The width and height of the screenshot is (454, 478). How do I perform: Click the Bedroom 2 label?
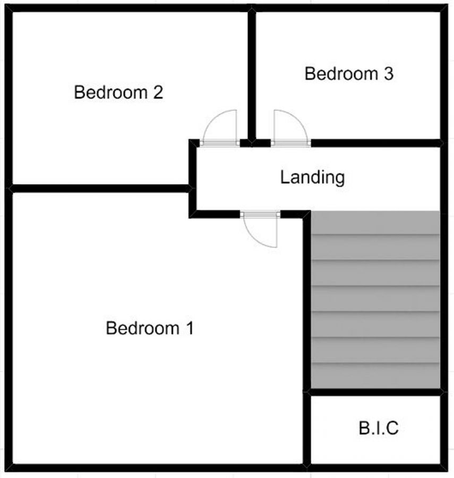pos(118,93)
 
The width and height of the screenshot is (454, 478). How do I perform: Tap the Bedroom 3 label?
pos(349,74)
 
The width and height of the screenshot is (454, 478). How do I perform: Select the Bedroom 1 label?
pos(150,328)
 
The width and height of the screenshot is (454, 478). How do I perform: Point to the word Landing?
pos(312,177)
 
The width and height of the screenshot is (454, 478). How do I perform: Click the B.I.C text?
pos(378,428)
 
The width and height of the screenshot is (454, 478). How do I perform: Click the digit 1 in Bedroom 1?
pos(189,328)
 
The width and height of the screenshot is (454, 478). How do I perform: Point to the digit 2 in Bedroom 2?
pos(158,93)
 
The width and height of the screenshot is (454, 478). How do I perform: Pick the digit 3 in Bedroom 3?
pos(388,74)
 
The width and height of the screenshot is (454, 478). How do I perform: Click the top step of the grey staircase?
pos(375,223)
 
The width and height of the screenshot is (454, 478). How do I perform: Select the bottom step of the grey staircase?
pos(375,377)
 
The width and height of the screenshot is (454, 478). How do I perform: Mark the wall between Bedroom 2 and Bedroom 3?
pos(252,74)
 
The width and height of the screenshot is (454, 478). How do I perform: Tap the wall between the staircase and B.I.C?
pos(375,392)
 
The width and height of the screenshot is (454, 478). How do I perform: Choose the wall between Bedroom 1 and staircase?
pos(306,303)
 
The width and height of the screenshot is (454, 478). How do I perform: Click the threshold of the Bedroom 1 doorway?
pos(260,214)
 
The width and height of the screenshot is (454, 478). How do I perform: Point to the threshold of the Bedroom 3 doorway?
pos(290,143)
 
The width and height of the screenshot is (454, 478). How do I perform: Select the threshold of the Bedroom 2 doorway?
pos(220,143)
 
